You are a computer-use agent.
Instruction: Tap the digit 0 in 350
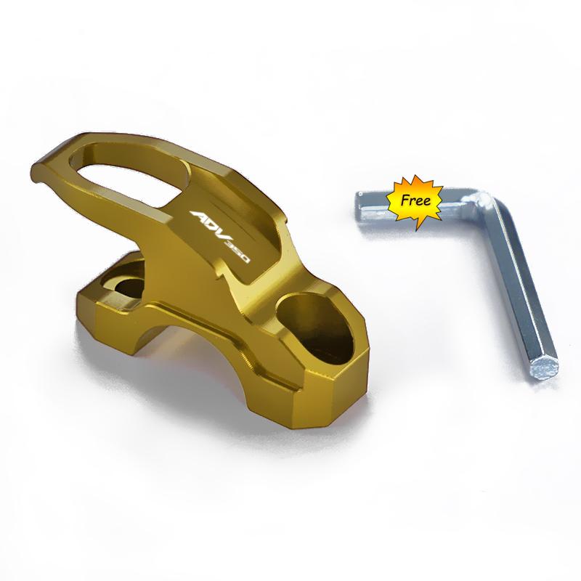pyautogui.click(x=245, y=266)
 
